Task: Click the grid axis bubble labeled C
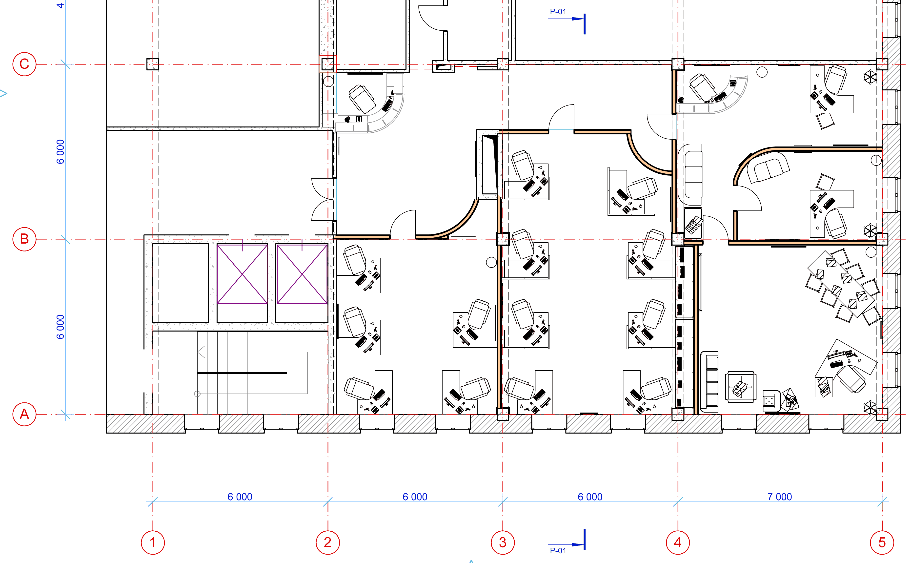24,64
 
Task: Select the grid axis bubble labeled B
24,239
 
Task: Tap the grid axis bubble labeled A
24,414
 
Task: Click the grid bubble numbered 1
153,542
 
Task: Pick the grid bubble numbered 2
327,542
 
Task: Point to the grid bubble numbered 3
503,542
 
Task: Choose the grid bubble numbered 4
677,542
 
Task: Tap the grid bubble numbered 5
882,542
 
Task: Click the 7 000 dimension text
779,497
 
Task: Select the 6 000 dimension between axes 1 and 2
240,497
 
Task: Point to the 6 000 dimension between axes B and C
60,151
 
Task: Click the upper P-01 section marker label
558,12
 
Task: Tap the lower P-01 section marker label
558,550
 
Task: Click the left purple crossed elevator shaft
242,274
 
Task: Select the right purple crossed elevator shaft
302,274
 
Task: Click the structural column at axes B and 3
503,239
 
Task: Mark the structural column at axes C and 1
153,64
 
